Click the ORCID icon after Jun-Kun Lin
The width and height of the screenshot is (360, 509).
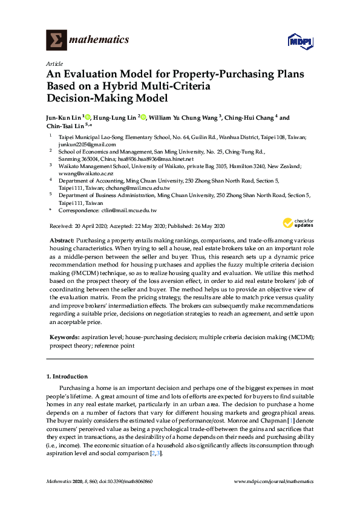[x=88, y=117]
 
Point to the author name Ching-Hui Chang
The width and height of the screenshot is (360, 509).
[x=251, y=117]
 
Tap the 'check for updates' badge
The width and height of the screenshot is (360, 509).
[x=298, y=223]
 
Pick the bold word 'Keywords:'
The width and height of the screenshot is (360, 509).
[x=63, y=336]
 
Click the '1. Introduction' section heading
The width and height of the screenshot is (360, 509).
[x=67, y=376]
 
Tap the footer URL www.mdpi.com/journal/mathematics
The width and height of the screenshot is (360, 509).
[x=274, y=481]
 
